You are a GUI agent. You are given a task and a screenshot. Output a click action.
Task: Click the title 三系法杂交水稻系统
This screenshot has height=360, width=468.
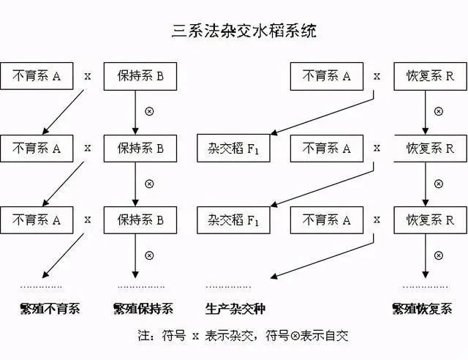pos(234,31)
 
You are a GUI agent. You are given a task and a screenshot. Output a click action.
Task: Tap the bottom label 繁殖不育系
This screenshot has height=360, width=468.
pos(50,309)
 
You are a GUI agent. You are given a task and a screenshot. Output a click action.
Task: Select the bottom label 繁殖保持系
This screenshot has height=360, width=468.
pos(143,309)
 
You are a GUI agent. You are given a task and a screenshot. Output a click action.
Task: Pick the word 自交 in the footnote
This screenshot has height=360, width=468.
pos(337,337)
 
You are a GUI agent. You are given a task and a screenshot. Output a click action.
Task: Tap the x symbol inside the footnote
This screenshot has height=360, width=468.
pos(195,337)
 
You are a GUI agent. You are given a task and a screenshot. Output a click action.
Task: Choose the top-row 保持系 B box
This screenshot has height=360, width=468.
pos(140,76)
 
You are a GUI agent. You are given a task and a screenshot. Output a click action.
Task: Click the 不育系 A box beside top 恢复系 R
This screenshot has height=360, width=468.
pos(326,76)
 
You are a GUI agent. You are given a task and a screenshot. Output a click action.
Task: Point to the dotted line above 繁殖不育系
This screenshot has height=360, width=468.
pos(41,286)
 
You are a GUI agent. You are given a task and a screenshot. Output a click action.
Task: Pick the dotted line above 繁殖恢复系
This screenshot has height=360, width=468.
pos(426,286)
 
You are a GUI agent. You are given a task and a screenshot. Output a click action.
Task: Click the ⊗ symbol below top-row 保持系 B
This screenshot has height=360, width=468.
pos(149,112)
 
